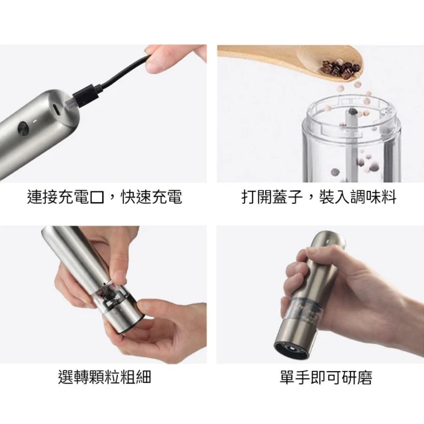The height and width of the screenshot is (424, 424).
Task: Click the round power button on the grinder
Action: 23,129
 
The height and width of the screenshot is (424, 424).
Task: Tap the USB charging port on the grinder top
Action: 56,109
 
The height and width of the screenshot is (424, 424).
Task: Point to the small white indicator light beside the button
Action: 35,121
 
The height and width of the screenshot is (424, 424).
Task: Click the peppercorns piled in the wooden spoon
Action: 341,69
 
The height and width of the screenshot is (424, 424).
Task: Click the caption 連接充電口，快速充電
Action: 105,197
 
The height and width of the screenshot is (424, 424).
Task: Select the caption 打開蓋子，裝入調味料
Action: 319,197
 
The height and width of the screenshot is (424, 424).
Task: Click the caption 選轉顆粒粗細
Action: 105,376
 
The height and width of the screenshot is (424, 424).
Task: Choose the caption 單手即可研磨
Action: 326,377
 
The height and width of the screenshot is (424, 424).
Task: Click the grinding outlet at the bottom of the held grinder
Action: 291,349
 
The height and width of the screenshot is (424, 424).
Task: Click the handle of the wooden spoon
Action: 257,51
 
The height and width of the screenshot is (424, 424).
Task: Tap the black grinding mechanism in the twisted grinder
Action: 111,295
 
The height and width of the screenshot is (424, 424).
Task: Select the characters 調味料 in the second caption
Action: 374,197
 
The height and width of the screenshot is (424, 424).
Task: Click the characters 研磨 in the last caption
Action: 357,377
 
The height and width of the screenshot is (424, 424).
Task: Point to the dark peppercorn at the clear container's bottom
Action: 335,172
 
